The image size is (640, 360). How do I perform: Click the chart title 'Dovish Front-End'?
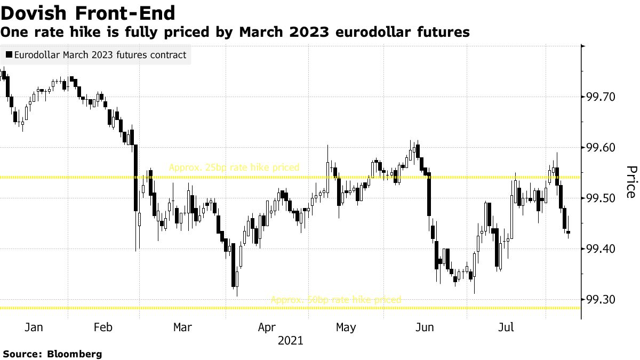[88, 12]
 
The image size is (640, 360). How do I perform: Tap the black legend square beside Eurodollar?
[9, 55]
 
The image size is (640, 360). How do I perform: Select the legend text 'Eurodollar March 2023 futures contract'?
[100, 55]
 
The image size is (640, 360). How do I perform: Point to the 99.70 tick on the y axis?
[601, 97]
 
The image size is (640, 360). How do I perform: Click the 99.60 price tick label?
[601, 148]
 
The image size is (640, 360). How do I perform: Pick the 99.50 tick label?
[601, 198]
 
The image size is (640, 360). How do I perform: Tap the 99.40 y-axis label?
[601, 249]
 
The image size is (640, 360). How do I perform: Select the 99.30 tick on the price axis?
[601, 300]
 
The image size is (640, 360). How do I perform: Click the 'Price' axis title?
[631, 181]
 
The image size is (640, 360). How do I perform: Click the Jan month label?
[34, 327]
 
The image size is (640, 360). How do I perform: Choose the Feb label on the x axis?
[102, 327]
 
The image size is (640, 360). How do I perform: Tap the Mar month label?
[182, 327]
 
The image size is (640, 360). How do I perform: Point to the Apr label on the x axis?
[266, 327]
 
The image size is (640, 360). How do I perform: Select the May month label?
[346, 327]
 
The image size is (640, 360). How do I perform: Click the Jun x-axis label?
[425, 327]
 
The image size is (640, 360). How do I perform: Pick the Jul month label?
[506, 327]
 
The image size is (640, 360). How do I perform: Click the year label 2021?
[290, 340]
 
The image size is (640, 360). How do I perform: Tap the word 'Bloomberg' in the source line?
[75, 354]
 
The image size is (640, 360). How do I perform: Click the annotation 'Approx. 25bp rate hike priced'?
[234, 167]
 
